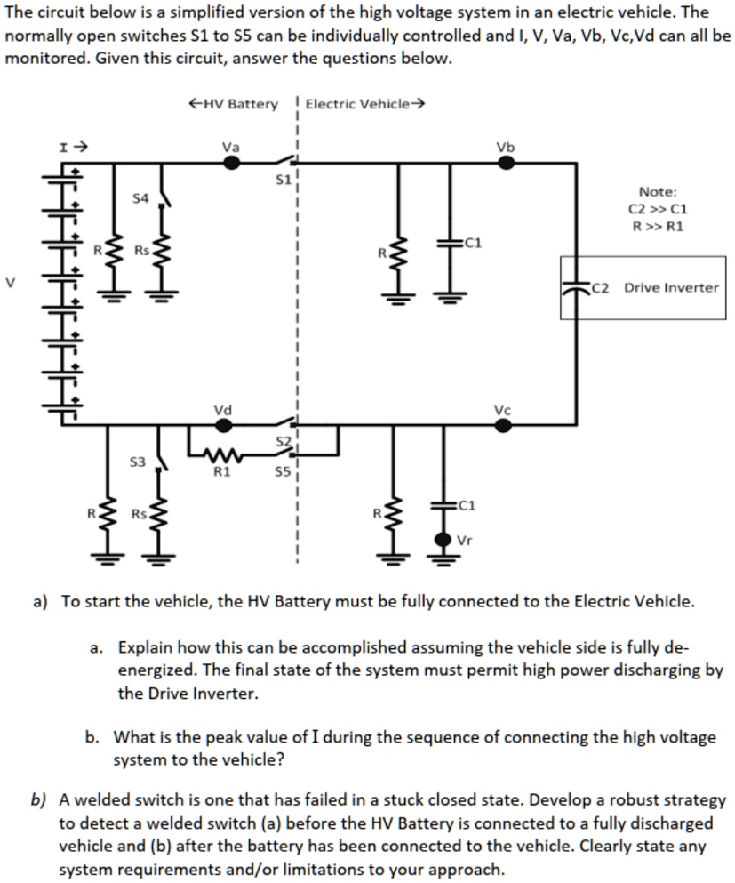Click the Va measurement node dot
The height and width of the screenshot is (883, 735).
(x=231, y=163)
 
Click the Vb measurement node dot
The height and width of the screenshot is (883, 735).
(x=505, y=163)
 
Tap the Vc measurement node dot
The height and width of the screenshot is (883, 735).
(x=504, y=425)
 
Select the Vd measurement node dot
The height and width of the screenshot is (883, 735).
(x=224, y=425)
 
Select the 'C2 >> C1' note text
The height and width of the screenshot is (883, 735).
(x=657, y=209)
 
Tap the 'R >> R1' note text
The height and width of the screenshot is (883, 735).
(x=657, y=226)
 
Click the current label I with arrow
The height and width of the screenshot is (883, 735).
(x=70, y=144)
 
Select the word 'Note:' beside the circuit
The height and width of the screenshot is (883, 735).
(x=657, y=191)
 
